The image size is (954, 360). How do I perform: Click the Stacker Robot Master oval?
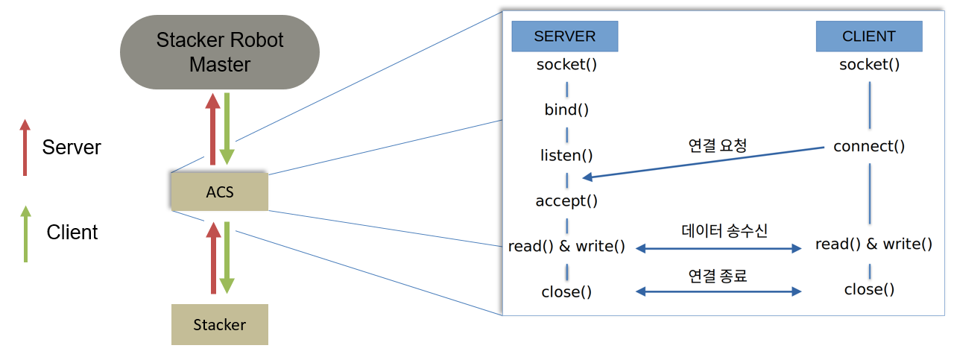(220, 52)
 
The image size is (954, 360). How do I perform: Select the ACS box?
(220, 192)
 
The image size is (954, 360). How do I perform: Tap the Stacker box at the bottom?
(220, 325)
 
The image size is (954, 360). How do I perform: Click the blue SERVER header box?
(565, 37)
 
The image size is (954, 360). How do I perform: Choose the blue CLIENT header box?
(869, 37)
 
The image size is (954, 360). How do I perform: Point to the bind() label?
(566, 110)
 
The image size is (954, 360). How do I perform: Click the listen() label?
(566, 155)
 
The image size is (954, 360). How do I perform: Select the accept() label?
(566, 200)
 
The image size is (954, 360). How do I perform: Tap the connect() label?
(869, 146)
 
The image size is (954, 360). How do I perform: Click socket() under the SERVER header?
(566, 64)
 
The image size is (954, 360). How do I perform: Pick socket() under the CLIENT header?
(869, 64)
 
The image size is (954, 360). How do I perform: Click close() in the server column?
(566, 292)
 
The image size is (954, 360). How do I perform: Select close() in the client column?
(869, 289)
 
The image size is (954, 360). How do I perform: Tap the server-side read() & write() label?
(566, 246)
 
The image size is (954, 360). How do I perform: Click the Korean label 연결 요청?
(718, 145)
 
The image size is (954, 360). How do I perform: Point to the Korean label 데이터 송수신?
(724, 230)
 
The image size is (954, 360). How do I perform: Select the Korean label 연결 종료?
(718, 276)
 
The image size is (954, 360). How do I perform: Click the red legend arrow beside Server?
(25, 148)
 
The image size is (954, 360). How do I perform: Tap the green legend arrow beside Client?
(26, 234)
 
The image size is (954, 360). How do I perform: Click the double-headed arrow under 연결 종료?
(718, 291)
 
